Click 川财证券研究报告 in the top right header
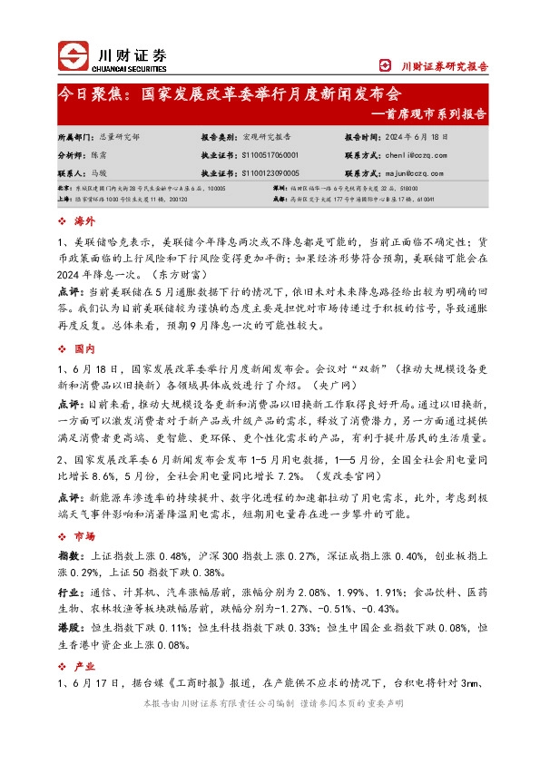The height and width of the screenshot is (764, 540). pos(445,65)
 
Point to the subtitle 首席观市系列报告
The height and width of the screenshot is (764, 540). pos(434,114)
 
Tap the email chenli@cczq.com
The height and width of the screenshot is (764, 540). pos(407,155)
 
